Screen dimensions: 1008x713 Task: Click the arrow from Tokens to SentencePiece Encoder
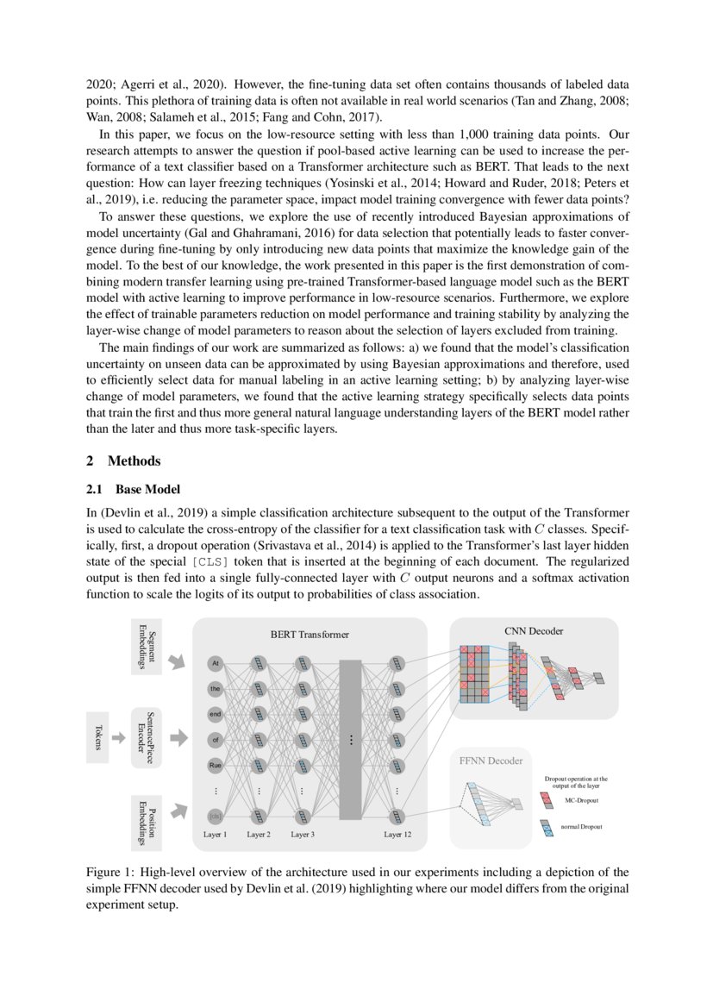[119, 737]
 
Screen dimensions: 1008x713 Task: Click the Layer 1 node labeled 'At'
[216, 664]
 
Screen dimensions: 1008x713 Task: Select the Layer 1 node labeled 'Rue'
[216, 765]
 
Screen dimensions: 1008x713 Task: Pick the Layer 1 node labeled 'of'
[216, 739]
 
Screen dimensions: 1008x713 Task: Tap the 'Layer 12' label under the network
[397, 835]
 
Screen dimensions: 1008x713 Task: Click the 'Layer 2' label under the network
[259, 835]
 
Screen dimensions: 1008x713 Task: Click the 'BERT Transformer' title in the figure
[310, 635]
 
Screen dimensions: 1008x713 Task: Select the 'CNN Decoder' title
[534, 631]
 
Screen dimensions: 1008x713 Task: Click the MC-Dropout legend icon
[547, 801]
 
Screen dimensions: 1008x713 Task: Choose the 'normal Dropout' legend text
[582, 827]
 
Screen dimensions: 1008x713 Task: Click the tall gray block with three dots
[351, 739]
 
